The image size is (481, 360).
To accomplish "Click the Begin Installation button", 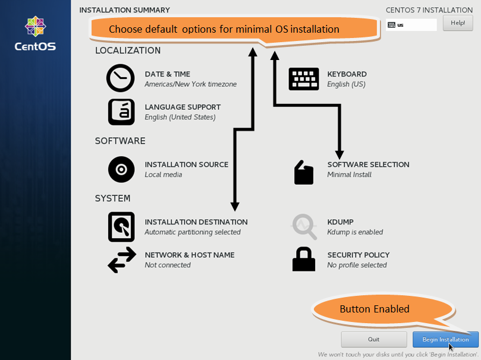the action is point(445,339).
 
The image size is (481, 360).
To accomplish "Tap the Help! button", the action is point(458,23).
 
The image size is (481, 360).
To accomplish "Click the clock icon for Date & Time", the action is point(120,78).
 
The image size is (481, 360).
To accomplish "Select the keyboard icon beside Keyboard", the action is point(304,79).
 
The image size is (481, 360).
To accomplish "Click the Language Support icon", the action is point(121,112).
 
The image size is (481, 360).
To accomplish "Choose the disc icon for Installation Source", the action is point(121,169).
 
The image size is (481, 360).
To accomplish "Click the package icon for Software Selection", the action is point(304,172).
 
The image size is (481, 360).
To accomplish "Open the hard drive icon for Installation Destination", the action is point(121,227).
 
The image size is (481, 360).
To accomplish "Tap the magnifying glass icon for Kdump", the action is point(304,227).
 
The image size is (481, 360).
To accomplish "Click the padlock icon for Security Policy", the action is point(304,259).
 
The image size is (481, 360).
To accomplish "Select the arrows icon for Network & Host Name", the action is point(122,260).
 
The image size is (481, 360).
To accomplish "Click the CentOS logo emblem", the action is point(35,26).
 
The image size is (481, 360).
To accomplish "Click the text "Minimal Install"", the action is point(349,175).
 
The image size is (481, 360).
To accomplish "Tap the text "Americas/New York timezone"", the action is point(190,84).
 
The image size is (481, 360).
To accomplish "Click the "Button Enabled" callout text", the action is point(374,309).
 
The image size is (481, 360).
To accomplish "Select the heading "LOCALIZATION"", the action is point(128,50).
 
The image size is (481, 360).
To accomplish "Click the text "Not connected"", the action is point(168,265).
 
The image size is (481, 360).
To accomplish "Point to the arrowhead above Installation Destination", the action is point(235,207).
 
